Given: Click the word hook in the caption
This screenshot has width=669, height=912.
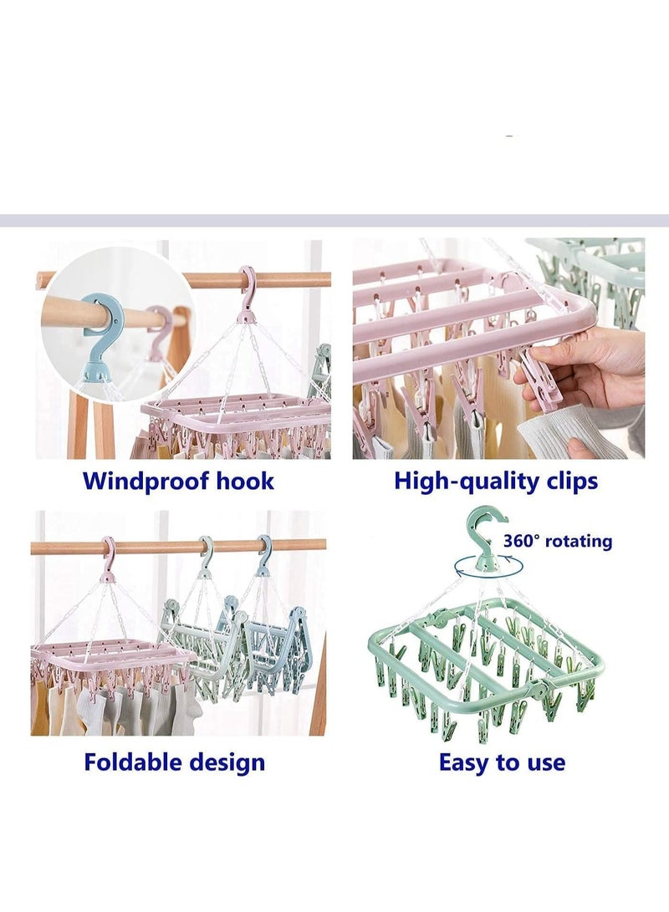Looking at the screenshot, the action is point(245,481).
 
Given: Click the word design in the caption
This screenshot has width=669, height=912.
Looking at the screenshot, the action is point(225,763).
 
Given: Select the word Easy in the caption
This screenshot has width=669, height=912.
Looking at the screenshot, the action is point(463,763).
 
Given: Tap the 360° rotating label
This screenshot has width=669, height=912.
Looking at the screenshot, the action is point(558,541).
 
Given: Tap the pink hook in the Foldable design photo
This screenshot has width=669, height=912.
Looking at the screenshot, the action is point(109,559).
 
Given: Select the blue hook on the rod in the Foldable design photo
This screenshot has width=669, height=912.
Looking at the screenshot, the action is point(264,556).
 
